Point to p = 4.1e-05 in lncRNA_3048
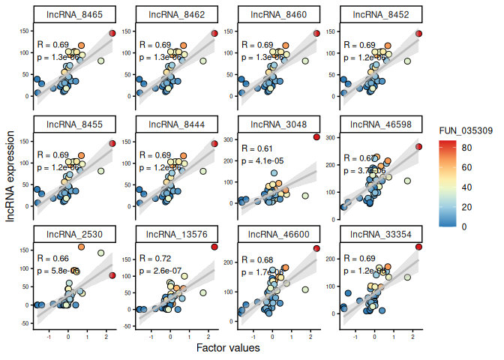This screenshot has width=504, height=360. pos(260,160)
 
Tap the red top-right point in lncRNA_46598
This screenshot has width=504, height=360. pos(419,147)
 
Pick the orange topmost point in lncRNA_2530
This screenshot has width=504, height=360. pos(82,247)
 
